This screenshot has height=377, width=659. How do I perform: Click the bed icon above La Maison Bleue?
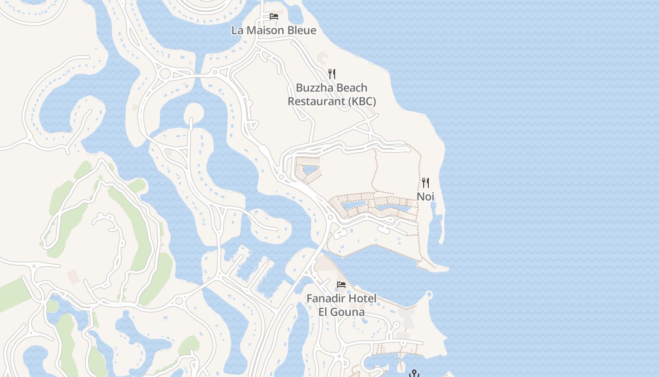(274, 16)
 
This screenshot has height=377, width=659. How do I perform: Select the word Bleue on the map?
(302, 31)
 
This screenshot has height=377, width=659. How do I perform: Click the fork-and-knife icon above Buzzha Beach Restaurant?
(332, 74)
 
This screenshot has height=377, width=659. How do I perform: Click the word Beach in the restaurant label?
(351, 88)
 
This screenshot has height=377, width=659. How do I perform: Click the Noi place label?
(426, 197)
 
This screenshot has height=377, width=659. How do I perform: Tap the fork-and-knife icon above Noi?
(426, 183)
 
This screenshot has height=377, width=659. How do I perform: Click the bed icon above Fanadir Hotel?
(341, 285)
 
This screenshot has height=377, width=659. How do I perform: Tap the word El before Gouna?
(324, 312)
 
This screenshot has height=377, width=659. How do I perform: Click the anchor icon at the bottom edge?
(414, 374)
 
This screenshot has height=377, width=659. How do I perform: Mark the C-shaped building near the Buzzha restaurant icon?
(323, 58)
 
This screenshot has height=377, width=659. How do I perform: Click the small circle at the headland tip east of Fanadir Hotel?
(428, 295)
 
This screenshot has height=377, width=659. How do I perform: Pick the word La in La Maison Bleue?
(237, 31)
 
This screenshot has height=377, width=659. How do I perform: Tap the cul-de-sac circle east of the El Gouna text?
(396, 325)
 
